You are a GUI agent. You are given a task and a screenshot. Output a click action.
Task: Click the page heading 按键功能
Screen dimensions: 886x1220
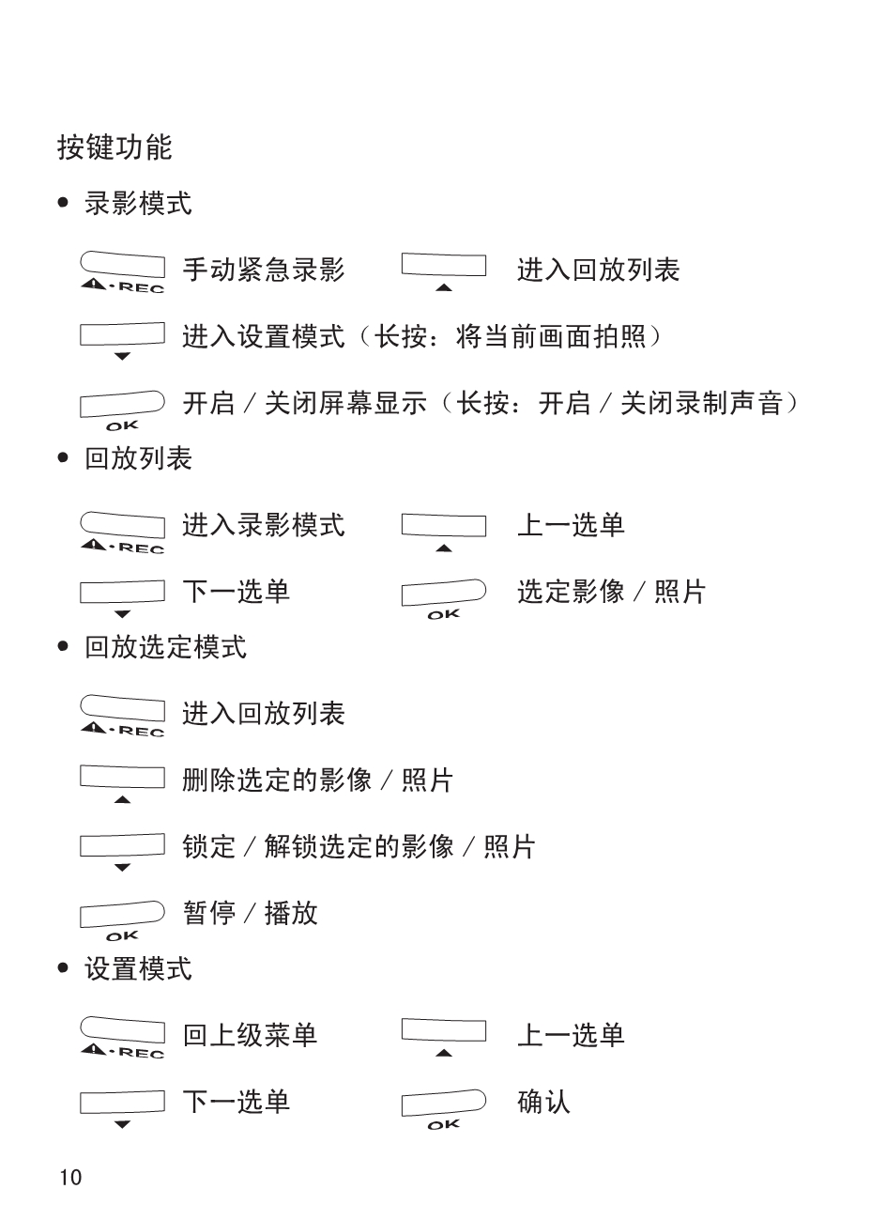pyautogui.click(x=115, y=147)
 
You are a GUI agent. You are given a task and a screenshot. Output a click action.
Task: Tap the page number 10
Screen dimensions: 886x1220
pyautogui.click(x=70, y=1178)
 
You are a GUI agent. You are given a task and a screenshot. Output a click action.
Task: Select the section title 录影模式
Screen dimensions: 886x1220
pyautogui.click(x=138, y=204)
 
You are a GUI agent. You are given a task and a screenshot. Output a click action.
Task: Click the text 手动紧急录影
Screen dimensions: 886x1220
pyautogui.click(x=264, y=270)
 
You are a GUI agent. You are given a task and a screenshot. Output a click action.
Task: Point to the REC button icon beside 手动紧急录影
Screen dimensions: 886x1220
pyautogui.click(x=122, y=271)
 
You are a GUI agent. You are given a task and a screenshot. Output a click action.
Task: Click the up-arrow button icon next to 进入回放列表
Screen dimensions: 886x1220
pyautogui.click(x=444, y=271)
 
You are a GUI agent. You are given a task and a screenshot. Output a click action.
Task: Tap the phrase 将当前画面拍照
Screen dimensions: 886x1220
pyautogui.click(x=551, y=336)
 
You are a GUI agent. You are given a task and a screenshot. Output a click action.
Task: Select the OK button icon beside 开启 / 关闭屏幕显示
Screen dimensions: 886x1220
pyautogui.click(x=122, y=410)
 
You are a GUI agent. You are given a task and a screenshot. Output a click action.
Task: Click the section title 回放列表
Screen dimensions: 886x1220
pyautogui.click(x=138, y=458)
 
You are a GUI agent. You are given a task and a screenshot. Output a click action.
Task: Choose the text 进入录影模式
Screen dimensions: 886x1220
pyautogui.click(x=264, y=525)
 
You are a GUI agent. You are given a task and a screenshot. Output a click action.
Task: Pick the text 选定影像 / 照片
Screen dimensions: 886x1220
pyautogui.click(x=611, y=592)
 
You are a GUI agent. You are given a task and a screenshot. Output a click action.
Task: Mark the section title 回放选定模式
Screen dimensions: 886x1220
pyautogui.click(x=165, y=647)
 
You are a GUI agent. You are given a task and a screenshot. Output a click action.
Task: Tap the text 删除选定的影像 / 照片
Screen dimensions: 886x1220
pyautogui.click(x=317, y=780)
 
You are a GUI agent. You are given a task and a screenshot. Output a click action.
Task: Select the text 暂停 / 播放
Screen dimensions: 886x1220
pyautogui.click(x=250, y=913)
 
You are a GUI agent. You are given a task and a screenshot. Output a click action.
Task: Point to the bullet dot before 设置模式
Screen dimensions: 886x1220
pyautogui.click(x=63, y=968)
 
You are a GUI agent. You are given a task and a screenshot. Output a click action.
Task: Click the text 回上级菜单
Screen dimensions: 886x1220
pyautogui.click(x=250, y=1035)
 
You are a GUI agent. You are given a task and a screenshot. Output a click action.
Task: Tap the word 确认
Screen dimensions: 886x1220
pyautogui.click(x=543, y=1102)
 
